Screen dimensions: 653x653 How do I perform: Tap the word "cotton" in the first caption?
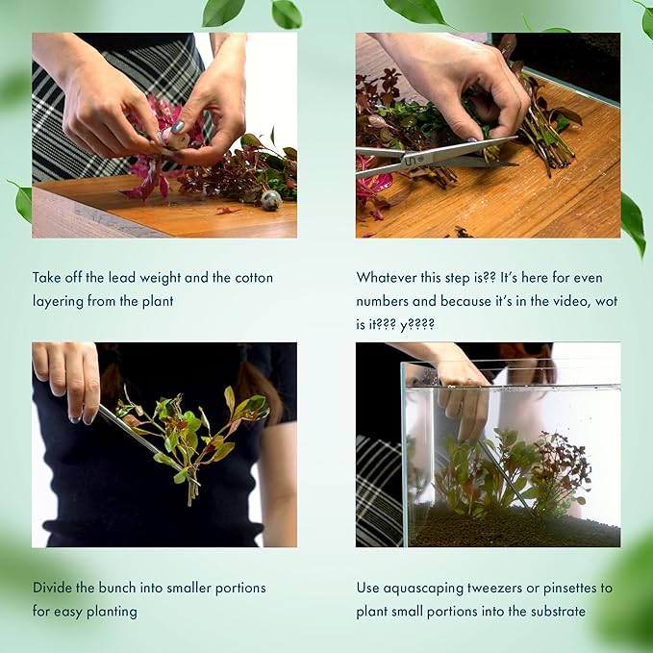click(254, 278)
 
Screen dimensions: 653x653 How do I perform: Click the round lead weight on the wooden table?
click(271, 200)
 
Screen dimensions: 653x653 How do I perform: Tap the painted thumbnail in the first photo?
click(178, 127)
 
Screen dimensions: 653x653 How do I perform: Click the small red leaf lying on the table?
click(227, 211)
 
